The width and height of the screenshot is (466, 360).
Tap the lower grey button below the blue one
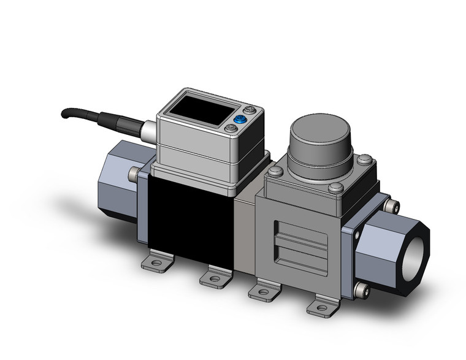pos(230,128)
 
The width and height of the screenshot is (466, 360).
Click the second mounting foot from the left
pos(215,278)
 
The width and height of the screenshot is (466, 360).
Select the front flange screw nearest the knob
pos(335,188)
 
